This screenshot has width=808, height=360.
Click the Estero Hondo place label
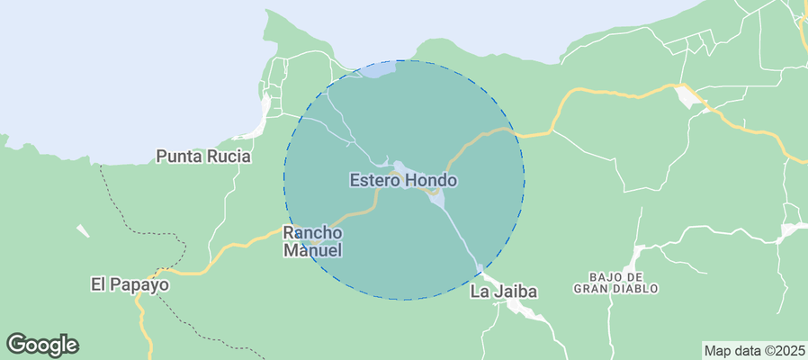click(x=403, y=180)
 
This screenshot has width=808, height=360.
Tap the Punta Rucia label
click(x=203, y=157)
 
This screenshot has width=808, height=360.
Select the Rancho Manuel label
click(x=313, y=241)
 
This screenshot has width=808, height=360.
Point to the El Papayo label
click(x=130, y=284)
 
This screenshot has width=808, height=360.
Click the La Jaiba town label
click(x=504, y=292)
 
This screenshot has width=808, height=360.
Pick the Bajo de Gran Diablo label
click(x=616, y=282)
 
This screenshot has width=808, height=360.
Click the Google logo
click(x=42, y=344)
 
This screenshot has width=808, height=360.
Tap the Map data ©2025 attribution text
click(x=754, y=350)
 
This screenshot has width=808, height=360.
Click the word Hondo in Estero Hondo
click(x=432, y=180)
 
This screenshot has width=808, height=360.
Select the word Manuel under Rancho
click(x=313, y=251)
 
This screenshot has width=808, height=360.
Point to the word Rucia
click(x=229, y=157)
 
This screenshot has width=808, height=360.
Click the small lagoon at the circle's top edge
click(x=376, y=69)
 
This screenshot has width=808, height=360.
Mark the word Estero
click(x=374, y=180)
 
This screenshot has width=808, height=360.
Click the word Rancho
click(x=313, y=232)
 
